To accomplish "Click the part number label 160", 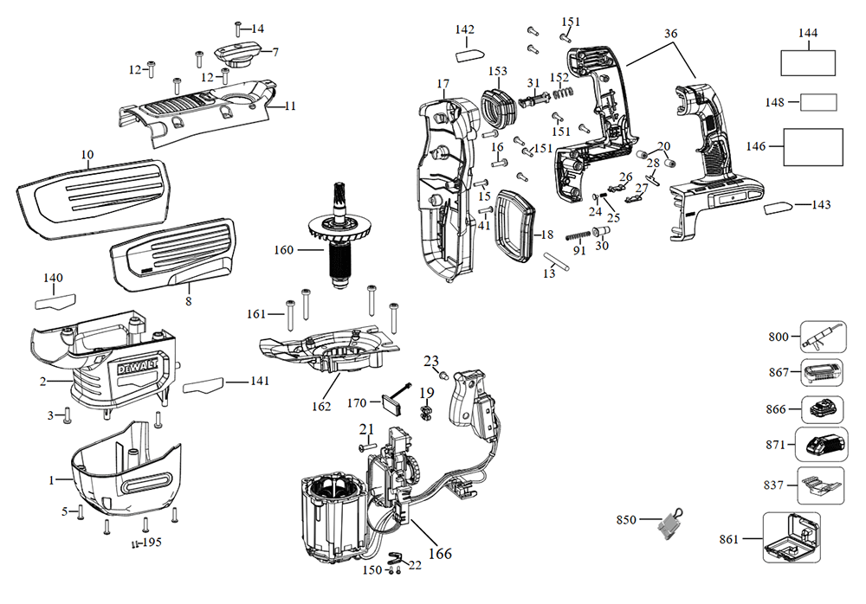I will pyautogui.click(x=283, y=250).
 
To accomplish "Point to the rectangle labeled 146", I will pyautogui.click(x=813, y=147).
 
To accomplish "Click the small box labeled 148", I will pyautogui.click(x=818, y=102).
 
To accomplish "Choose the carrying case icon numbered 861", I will pyautogui.click(x=792, y=538).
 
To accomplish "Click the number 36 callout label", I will pyautogui.click(x=671, y=33).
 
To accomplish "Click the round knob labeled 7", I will pyautogui.click(x=236, y=55).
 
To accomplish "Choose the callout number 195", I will pyautogui.click(x=152, y=543).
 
